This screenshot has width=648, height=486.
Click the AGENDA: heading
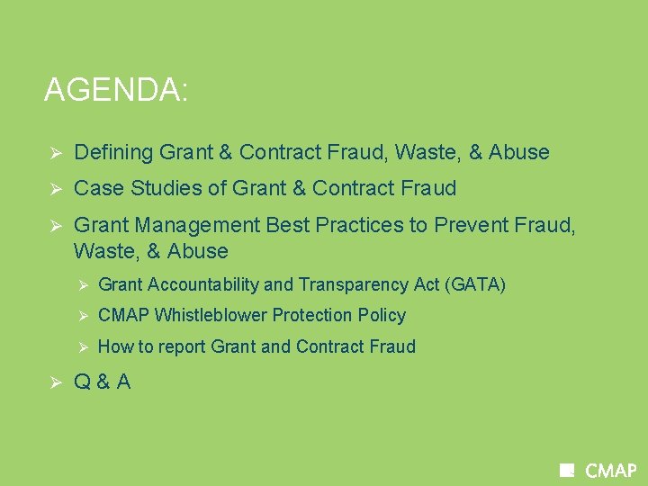pos(116,91)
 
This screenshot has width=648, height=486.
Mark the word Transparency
pos(348,285)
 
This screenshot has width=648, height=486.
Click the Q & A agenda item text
pos(102,382)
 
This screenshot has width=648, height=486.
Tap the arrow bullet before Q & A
pos(53,382)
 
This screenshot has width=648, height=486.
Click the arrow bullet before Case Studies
pos(53,189)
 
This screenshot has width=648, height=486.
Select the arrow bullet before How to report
pos(81,347)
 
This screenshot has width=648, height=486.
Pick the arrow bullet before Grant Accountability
pos(81,285)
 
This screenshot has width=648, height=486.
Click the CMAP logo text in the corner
pos(611,471)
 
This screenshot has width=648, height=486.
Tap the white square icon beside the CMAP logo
pos(567,470)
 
